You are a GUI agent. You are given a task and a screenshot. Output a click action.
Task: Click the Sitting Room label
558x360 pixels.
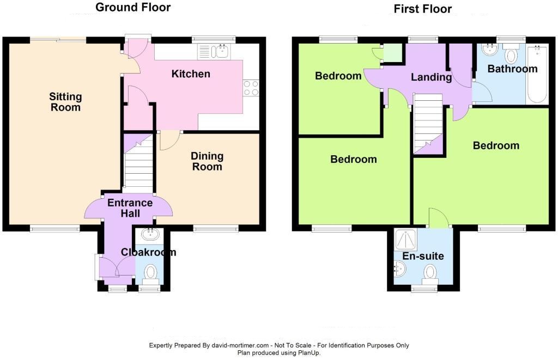click(x=65, y=102)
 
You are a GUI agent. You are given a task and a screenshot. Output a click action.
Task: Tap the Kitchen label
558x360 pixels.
click(x=191, y=74)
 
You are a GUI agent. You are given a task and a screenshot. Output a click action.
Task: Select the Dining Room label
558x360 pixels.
click(x=207, y=161)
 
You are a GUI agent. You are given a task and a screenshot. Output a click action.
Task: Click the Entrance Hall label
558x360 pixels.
click(x=130, y=208)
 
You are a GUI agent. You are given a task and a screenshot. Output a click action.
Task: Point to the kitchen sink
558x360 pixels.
click(x=214, y=52)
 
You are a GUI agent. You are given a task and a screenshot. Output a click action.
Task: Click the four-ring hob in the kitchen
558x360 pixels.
click(x=251, y=88)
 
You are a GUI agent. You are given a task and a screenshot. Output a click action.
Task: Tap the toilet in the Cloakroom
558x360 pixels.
click(x=150, y=274)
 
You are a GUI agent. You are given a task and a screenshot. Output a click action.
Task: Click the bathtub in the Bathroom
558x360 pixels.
click(x=537, y=74)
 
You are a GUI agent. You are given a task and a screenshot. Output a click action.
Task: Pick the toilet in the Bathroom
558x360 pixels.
click(x=511, y=53)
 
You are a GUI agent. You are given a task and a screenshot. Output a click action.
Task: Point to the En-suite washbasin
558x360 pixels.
click(x=400, y=269)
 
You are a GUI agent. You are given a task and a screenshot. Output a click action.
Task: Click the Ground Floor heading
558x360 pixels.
click(x=133, y=7)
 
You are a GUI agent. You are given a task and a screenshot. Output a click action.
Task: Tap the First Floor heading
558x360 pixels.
click(x=423, y=9)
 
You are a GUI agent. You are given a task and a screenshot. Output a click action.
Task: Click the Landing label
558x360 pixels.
click(x=432, y=77)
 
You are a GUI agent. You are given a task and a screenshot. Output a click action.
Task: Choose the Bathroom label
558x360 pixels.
click(x=512, y=69)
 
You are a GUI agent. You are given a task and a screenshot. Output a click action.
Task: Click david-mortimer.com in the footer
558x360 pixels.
click(x=240, y=345)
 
